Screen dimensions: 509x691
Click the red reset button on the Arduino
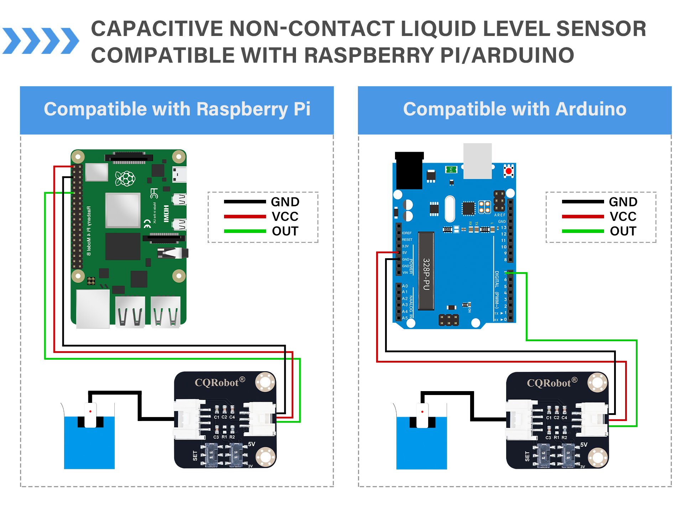[509, 171]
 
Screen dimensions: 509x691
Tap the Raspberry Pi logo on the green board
[125, 178]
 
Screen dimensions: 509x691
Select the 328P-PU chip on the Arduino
[426, 271]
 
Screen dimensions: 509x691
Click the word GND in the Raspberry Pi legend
[285, 202]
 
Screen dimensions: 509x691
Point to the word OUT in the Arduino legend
[623, 231]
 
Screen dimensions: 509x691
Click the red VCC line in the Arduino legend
[583, 217]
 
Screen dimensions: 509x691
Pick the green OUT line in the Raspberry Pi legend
[245, 231]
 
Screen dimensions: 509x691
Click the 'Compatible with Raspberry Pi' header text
[177, 109]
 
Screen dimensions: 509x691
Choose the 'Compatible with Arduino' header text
[515, 109]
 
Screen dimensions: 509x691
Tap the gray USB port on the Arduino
[477, 161]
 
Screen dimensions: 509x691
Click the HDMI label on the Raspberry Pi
[166, 213]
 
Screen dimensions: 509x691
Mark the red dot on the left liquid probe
[90, 411]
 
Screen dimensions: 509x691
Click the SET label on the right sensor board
[527, 456]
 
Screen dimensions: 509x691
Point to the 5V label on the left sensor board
[251, 444]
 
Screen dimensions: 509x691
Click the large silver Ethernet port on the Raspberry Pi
[93, 308]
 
